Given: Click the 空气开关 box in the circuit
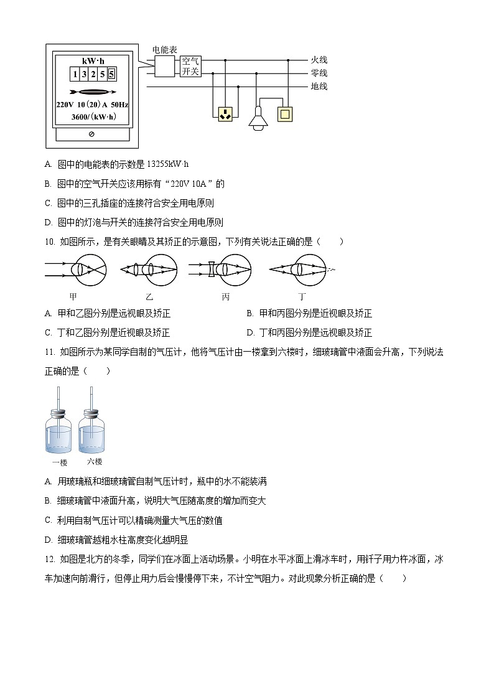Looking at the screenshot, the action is click(x=190, y=66).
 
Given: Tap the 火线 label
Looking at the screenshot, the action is click(x=319, y=60).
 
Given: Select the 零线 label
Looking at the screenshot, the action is click(x=319, y=73).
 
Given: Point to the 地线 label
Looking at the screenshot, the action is click(x=319, y=87).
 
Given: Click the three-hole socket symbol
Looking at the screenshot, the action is click(x=225, y=114).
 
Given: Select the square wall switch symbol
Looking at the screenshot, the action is click(x=285, y=114).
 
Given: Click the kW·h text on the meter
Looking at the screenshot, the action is click(x=92, y=60).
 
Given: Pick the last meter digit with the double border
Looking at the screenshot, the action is click(x=111, y=75).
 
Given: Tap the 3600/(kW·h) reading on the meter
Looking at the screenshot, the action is click(x=93, y=116).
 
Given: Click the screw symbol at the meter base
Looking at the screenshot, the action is click(x=91, y=134).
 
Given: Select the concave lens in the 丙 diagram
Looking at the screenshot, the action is click(x=212, y=270).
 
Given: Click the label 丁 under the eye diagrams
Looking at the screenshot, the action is click(x=302, y=297).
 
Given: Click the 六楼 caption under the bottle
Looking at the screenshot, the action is click(x=95, y=462).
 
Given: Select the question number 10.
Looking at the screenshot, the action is click(x=50, y=242).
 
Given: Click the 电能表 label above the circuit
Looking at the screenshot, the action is click(x=165, y=49).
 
